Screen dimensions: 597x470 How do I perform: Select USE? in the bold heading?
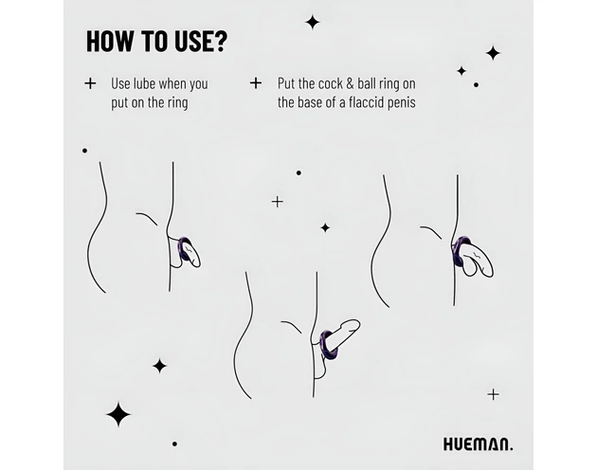coord(201,41)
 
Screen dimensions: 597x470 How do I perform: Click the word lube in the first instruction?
coord(143,83)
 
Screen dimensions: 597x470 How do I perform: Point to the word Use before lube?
coord(119,83)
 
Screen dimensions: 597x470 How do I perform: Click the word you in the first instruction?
coord(198,85)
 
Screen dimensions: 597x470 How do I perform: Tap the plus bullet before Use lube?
coord(90,83)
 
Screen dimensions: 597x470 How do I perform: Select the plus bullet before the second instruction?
coord(256,82)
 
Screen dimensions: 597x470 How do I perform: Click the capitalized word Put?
coord(285,83)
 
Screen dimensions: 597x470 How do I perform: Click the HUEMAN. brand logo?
coord(478,444)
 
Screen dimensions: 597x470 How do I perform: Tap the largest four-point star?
coord(118,414)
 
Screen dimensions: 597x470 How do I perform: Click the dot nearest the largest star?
coord(174,443)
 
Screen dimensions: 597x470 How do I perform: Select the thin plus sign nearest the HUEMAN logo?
coord(493,394)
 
